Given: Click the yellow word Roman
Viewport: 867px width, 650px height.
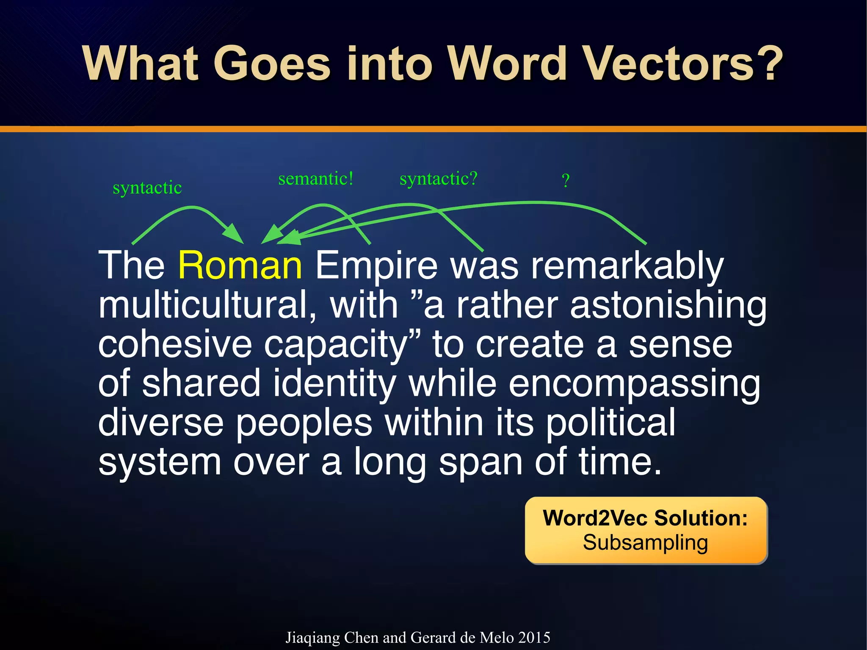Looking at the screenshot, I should tap(240, 266).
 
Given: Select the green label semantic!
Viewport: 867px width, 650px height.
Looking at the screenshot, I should tap(316, 179).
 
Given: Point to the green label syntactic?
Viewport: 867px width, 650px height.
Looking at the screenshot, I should tap(439, 179).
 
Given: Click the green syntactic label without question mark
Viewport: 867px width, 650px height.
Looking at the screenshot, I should tap(147, 188).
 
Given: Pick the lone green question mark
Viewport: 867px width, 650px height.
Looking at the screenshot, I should tap(566, 181).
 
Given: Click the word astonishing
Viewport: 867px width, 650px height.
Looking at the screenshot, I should tap(668, 306).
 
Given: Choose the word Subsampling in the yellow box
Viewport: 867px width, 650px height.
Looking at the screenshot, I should tap(645, 542).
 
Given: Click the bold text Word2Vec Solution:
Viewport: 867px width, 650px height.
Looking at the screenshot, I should tap(645, 518).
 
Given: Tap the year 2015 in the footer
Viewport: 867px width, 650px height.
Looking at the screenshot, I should tap(534, 637).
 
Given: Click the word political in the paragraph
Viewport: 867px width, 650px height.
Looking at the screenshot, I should tap(610, 423).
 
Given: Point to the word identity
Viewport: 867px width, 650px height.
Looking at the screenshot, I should tap(334, 384).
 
